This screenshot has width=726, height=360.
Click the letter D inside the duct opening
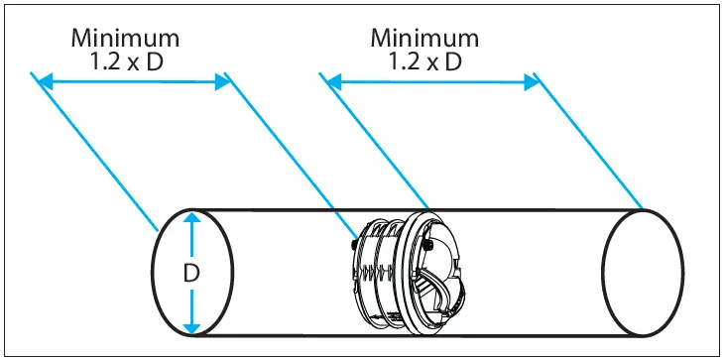pos(191,274)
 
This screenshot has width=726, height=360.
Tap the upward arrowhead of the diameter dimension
pos(191,218)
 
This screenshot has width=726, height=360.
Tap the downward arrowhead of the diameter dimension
pos(191,327)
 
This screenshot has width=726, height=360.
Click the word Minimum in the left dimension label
pos(125,38)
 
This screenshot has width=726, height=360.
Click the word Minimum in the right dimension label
pos(424,38)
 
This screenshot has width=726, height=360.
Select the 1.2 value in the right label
pos(403,62)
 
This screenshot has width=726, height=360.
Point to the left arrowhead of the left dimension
pos(45,83)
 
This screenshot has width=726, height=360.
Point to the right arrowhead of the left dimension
pos(222,83)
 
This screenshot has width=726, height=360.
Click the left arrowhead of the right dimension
pos(334,83)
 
